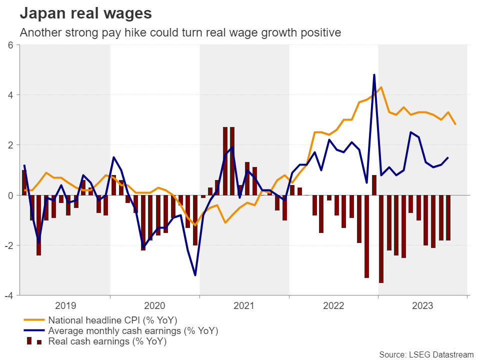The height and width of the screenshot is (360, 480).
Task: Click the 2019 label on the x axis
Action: click(x=65, y=305)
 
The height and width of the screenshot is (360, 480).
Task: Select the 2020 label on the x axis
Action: click(x=154, y=305)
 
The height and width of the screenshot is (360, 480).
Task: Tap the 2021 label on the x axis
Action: click(x=244, y=305)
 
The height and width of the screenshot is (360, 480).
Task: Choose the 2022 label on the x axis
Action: click(x=333, y=305)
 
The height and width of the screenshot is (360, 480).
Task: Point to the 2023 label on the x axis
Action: click(x=423, y=305)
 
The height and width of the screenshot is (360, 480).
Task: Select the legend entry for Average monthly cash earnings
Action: click(x=133, y=331)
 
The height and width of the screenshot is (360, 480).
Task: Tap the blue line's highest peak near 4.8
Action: click(x=374, y=75)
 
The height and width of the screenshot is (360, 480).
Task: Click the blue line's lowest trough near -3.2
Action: click(x=195, y=275)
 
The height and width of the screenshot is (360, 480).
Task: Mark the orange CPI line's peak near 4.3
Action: click(x=381, y=87)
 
